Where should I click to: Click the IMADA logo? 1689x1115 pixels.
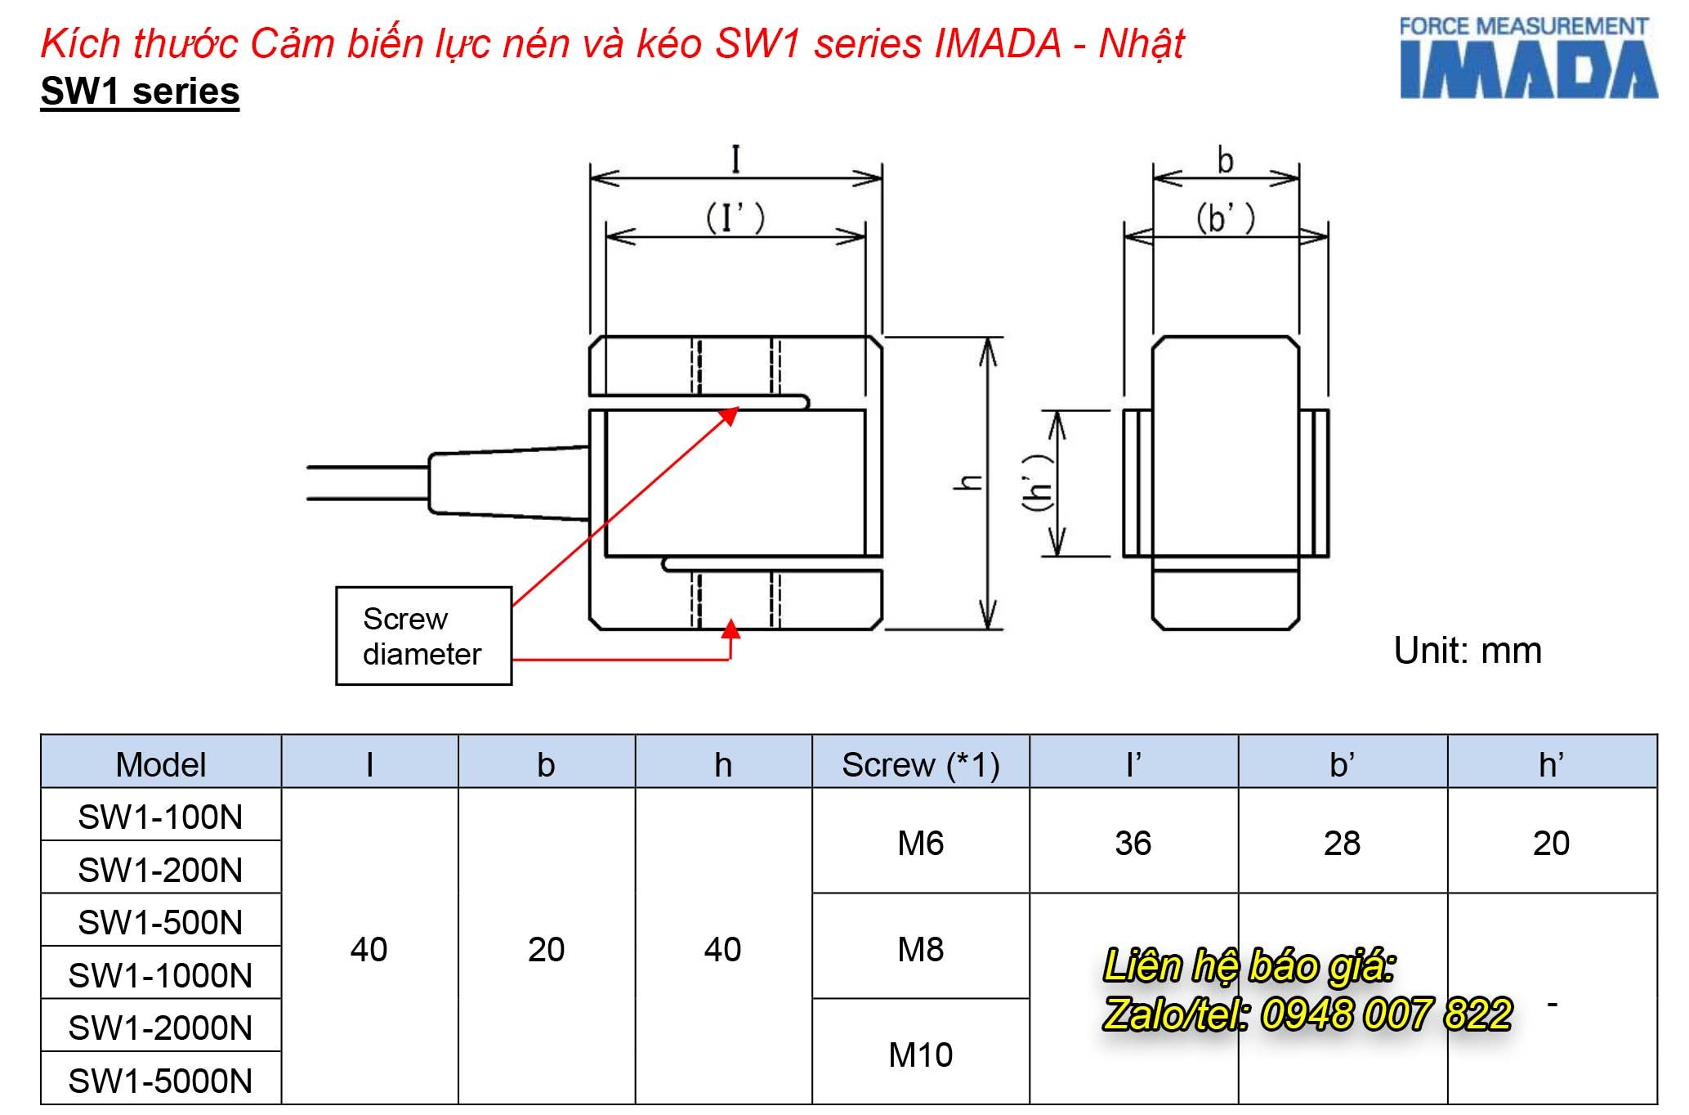(1527, 58)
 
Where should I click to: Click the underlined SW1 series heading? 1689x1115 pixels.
(140, 91)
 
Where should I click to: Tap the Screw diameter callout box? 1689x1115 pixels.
(423, 636)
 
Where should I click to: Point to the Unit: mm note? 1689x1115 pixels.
(1467, 651)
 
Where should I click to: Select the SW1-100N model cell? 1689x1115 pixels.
(160, 817)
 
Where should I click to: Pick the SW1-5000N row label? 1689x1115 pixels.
(160, 1081)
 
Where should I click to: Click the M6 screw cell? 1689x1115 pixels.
(920, 843)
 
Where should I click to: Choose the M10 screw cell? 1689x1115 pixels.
(920, 1055)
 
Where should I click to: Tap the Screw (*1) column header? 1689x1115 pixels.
(920, 764)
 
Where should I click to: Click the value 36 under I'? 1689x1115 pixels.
(1133, 843)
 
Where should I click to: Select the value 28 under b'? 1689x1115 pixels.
(1342, 843)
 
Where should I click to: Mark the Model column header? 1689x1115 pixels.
(160, 764)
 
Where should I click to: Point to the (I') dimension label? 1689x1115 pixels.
(735, 217)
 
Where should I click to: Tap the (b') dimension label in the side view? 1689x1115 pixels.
(1224, 217)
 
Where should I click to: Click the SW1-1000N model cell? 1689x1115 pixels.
(160, 975)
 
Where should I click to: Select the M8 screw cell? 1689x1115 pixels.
(920, 949)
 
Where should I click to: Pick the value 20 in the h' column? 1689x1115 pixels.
(1550, 843)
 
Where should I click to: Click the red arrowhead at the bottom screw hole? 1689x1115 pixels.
(731, 629)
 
